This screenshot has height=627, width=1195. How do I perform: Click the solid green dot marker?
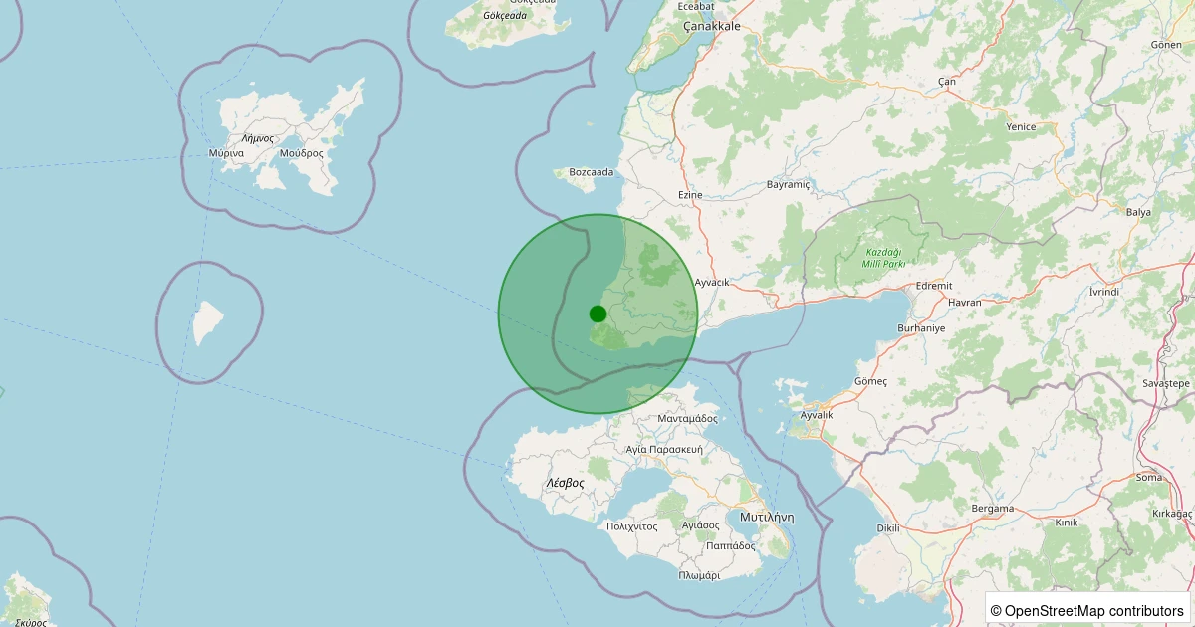[x=597, y=313]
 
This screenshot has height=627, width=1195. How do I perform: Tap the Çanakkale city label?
[x=711, y=27]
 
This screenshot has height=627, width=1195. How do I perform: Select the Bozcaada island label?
[x=591, y=172]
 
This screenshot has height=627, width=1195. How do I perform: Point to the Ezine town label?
[x=690, y=195]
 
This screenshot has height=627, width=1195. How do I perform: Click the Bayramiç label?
[x=790, y=185]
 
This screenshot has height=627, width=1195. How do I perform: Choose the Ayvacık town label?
[x=712, y=282]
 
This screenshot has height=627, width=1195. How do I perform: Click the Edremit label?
[x=934, y=285]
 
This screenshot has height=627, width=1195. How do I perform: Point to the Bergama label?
[x=993, y=509]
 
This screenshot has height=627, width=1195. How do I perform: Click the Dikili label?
[x=887, y=527]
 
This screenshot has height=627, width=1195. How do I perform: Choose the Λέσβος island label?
[x=565, y=482]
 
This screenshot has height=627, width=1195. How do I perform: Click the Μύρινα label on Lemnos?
[x=227, y=153]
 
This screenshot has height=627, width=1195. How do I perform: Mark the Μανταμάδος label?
[x=688, y=419]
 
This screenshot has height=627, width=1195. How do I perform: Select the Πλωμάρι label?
[x=699, y=575]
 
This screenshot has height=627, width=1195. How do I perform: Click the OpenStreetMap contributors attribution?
[x=1086, y=610]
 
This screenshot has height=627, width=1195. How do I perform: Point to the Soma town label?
[x=1148, y=477]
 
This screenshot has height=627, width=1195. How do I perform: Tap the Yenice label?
[x=1021, y=126]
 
